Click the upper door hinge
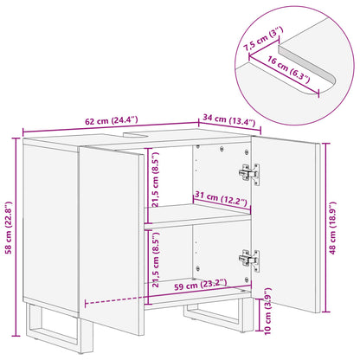(x=250, y=173)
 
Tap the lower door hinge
(x=250, y=257)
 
